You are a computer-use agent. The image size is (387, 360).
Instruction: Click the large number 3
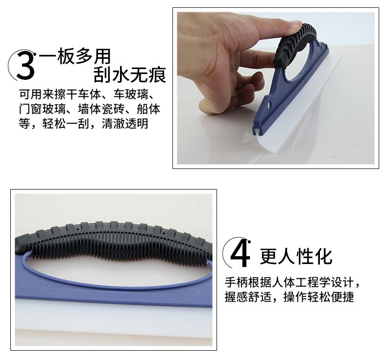click(25, 65)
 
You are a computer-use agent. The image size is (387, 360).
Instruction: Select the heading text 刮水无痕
click(130, 74)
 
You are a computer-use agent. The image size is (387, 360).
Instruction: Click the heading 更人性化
click(296, 257)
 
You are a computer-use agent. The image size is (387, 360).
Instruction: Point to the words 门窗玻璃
click(42, 109)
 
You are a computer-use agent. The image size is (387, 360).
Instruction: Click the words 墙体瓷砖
click(101, 109)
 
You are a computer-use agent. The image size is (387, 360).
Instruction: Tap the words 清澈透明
click(125, 123)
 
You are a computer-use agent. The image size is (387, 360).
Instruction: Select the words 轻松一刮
click(66, 123)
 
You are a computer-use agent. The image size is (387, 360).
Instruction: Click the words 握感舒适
click(248, 297)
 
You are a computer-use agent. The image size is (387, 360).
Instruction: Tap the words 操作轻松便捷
click(318, 297)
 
